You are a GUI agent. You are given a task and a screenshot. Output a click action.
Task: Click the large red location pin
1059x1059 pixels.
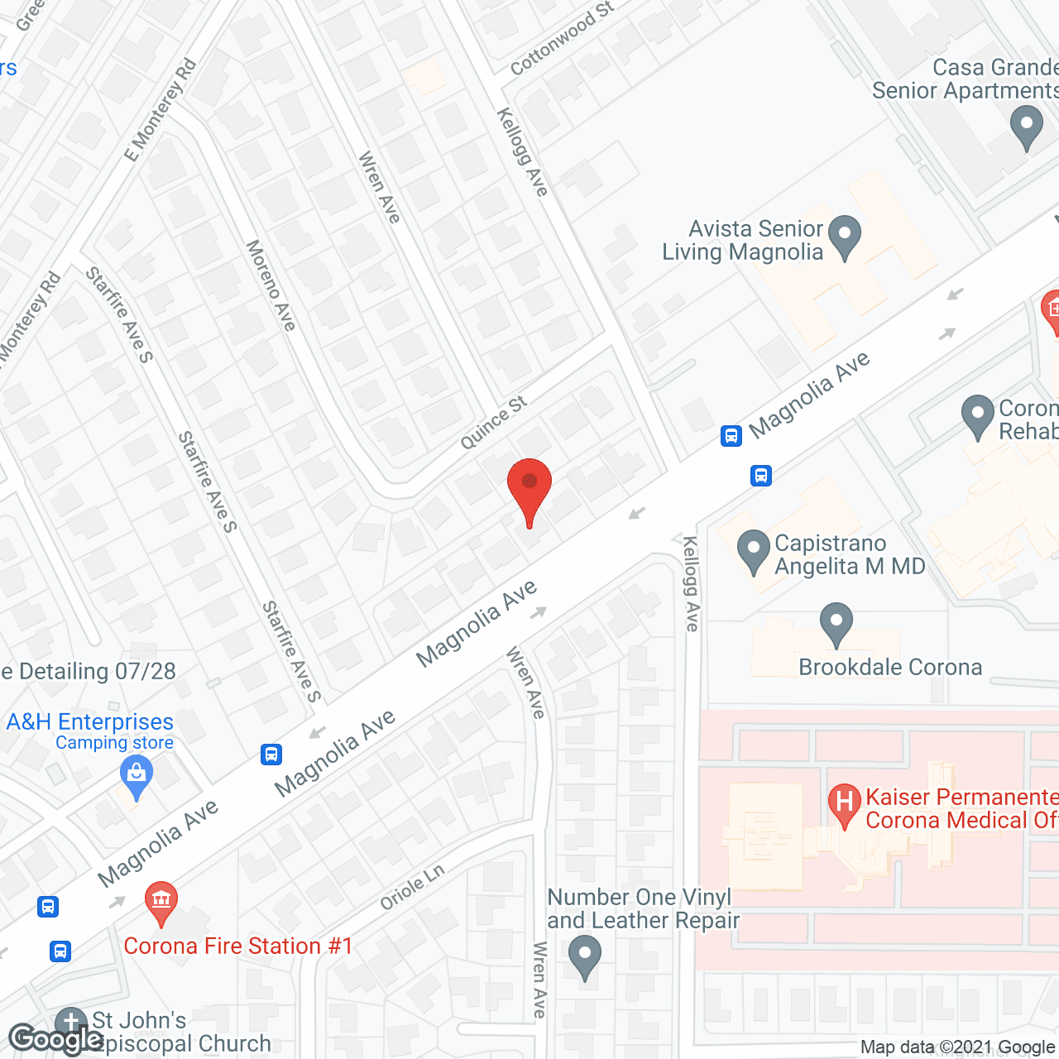(529, 486)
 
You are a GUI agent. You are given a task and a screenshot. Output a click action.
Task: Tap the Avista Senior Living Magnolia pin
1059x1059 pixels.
(844, 236)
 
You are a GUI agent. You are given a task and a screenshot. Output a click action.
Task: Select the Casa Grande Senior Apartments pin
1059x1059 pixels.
(1026, 128)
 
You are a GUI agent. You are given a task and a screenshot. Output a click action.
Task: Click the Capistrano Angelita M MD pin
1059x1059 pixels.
(753, 550)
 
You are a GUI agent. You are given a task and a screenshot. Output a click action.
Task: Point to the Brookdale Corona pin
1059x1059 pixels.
(836, 624)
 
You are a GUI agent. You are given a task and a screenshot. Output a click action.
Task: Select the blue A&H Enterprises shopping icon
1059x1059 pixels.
(137, 778)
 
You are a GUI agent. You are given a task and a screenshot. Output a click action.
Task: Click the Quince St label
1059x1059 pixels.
(493, 423)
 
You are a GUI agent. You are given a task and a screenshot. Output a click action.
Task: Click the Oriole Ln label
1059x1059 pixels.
(412, 887)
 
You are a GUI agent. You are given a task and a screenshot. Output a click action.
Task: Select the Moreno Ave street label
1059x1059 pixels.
(271, 285)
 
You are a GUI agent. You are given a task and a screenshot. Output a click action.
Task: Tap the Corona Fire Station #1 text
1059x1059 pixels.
(238, 946)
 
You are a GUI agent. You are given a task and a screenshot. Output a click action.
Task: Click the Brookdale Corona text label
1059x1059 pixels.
(890, 667)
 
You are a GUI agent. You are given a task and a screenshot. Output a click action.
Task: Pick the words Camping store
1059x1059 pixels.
(114, 743)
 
